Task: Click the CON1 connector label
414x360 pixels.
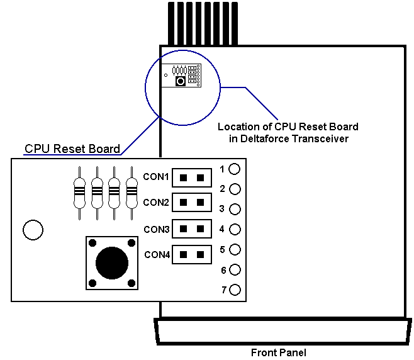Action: coord(156,177)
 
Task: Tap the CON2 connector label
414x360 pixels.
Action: coord(156,203)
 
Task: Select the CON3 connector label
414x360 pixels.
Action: coord(156,229)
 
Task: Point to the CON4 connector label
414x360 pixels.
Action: coord(157,255)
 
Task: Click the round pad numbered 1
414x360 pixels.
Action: coord(235,169)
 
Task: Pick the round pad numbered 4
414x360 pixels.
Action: coord(235,229)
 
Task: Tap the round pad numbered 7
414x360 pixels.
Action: coord(235,290)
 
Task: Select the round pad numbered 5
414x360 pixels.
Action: coord(235,249)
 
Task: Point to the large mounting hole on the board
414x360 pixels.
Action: coord(32,230)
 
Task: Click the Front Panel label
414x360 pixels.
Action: coord(278,352)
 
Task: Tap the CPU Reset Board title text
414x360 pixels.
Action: coord(72,149)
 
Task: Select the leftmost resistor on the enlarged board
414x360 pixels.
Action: coord(80,192)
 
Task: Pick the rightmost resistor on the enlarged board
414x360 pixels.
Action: coord(131,192)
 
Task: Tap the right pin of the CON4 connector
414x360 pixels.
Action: coord(200,255)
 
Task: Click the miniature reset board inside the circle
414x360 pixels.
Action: coord(181,75)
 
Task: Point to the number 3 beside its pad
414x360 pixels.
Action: coord(222,208)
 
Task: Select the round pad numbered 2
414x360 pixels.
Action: coord(235,189)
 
